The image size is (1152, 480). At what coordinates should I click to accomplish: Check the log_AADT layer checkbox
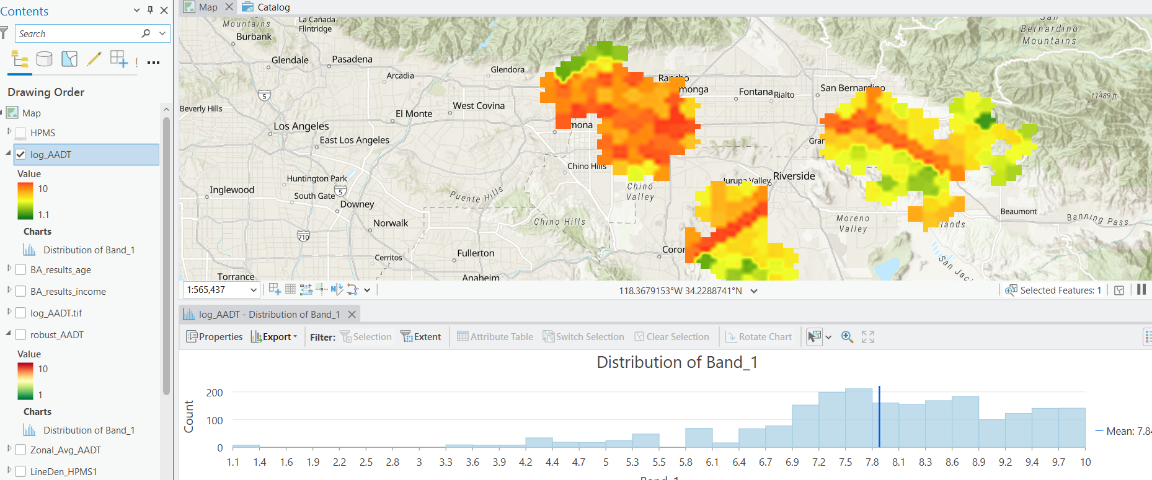coord(21,154)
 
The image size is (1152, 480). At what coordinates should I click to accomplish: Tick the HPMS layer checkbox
coord(21,133)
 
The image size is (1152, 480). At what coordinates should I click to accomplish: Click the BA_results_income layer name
coord(68,291)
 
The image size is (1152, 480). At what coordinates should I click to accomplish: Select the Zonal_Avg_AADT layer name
coord(66,450)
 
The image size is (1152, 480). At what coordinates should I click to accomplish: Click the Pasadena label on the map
coord(352,59)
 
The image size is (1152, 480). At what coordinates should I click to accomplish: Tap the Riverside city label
coord(794,176)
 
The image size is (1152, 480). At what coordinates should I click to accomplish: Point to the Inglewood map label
coord(232,190)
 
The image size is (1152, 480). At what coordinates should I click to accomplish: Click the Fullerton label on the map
coord(476,253)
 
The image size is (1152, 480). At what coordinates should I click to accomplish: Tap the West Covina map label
coord(479,106)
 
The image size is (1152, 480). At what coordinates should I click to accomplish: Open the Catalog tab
coord(273,7)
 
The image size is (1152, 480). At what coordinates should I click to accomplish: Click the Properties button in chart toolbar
coord(215,337)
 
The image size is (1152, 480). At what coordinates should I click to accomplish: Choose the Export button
coord(274,337)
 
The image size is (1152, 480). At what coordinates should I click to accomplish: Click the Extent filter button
coord(421,337)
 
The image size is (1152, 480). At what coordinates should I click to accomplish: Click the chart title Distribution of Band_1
coord(676,362)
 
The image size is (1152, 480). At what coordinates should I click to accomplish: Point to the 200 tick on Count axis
coord(215,393)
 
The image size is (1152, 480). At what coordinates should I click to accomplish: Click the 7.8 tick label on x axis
coord(872,462)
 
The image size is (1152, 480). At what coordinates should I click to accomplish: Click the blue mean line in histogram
coord(879,416)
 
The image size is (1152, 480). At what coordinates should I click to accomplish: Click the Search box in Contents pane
coord(78,33)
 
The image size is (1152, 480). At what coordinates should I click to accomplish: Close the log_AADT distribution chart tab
coord(352,315)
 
